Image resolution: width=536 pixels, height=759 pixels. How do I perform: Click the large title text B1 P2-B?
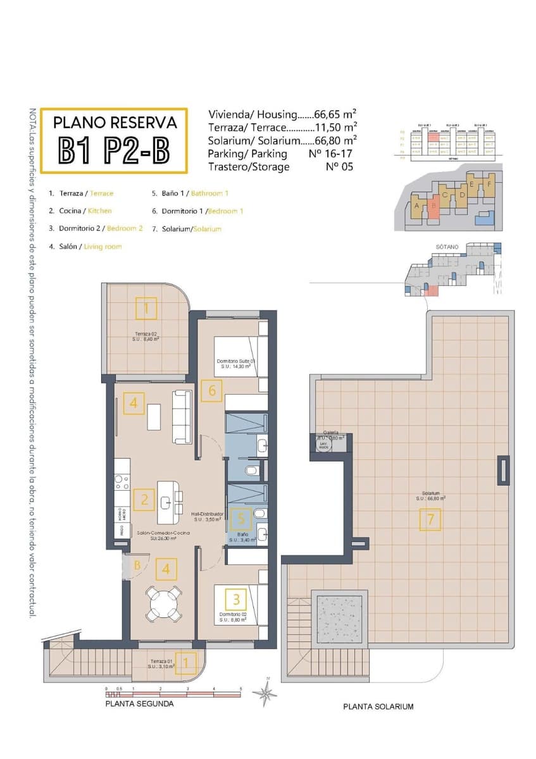pyautogui.click(x=114, y=149)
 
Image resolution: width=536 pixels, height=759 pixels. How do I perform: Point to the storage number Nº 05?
pyautogui.click(x=339, y=167)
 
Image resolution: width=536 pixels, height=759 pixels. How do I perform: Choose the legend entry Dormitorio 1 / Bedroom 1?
pyautogui.click(x=197, y=211)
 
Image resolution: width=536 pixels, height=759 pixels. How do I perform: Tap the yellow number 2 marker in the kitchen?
pyautogui.click(x=144, y=500)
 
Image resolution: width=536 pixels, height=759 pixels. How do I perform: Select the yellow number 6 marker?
pyautogui.click(x=211, y=391)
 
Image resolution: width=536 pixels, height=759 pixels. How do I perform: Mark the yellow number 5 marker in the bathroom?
pyautogui.click(x=241, y=519)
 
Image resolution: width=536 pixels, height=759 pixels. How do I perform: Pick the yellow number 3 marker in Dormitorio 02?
pyautogui.click(x=236, y=598)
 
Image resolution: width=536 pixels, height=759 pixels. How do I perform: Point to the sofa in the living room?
pyautogui.click(x=182, y=416)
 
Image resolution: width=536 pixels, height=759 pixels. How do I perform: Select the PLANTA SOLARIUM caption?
pyautogui.click(x=378, y=707)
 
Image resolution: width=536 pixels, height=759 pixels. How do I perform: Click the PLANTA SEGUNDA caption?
pyautogui.click(x=139, y=703)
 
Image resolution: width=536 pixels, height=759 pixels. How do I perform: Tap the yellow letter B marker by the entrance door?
pyautogui.click(x=137, y=566)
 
